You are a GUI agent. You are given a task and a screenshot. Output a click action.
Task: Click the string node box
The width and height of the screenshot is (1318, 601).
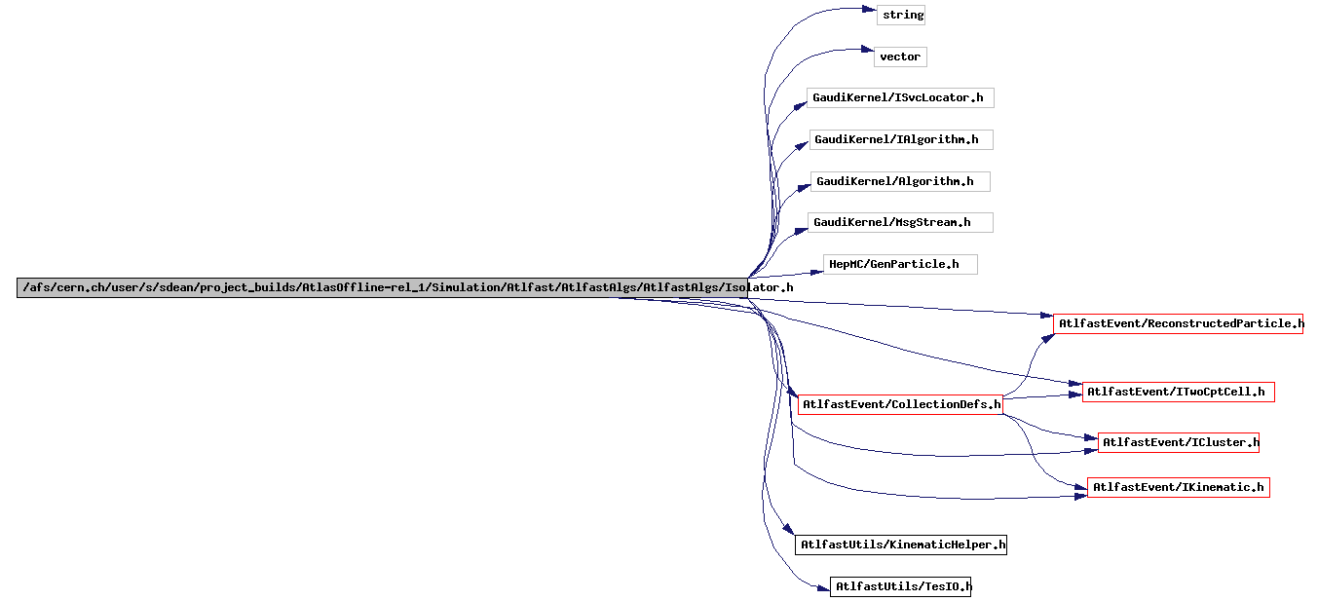click(900, 15)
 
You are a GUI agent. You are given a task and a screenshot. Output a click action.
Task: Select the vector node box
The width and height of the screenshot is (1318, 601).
click(900, 57)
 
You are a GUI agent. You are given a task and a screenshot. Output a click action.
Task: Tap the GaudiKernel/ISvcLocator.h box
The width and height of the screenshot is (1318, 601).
click(900, 97)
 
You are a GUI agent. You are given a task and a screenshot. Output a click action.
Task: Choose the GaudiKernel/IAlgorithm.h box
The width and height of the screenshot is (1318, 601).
click(901, 139)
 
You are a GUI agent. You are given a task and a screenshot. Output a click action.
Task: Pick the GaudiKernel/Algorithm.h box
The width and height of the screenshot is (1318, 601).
click(900, 181)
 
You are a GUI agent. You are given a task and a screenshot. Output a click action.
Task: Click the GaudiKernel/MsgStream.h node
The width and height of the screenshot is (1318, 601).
click(900, 222)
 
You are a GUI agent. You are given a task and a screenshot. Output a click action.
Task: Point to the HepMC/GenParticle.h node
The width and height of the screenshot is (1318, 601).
click(900, 264)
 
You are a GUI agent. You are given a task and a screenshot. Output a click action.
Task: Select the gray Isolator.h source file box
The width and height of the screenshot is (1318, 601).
click(383, 288)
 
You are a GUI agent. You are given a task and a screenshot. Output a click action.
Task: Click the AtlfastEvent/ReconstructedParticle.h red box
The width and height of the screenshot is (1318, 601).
click(1178, 323)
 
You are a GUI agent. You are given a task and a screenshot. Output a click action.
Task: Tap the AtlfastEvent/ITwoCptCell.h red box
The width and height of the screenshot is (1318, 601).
click(1179, 392)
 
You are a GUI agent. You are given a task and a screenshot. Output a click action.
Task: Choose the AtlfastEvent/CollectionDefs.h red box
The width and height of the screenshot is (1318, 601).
click(900, 404)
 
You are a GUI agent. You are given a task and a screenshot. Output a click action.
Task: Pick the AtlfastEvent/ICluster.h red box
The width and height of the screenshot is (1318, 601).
click(1178, 442)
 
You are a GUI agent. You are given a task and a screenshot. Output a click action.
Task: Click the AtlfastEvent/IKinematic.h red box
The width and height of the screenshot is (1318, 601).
click(1179, 487)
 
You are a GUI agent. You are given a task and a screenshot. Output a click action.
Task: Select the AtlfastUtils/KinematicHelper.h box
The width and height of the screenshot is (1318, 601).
click(901, 545)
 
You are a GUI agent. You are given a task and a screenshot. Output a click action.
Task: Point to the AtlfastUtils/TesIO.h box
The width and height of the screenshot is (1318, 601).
click(901, 586)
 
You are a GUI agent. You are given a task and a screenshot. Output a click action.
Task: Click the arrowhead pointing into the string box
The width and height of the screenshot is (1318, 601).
click(870, 9)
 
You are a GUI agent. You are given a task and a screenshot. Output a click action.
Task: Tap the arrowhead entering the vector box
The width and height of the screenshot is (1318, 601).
click(867, 50)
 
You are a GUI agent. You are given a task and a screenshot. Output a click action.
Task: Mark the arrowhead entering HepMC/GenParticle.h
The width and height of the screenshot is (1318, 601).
click(816, 272)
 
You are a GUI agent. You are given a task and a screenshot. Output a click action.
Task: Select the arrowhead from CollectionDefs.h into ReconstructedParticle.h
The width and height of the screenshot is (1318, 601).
click(1048, 338)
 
